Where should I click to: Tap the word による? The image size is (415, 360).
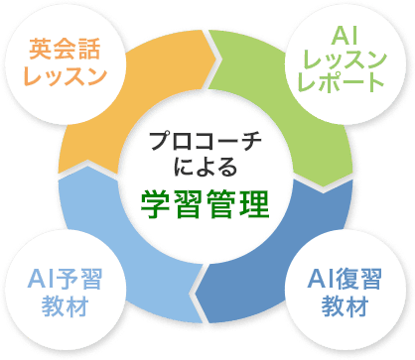point(207,164)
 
